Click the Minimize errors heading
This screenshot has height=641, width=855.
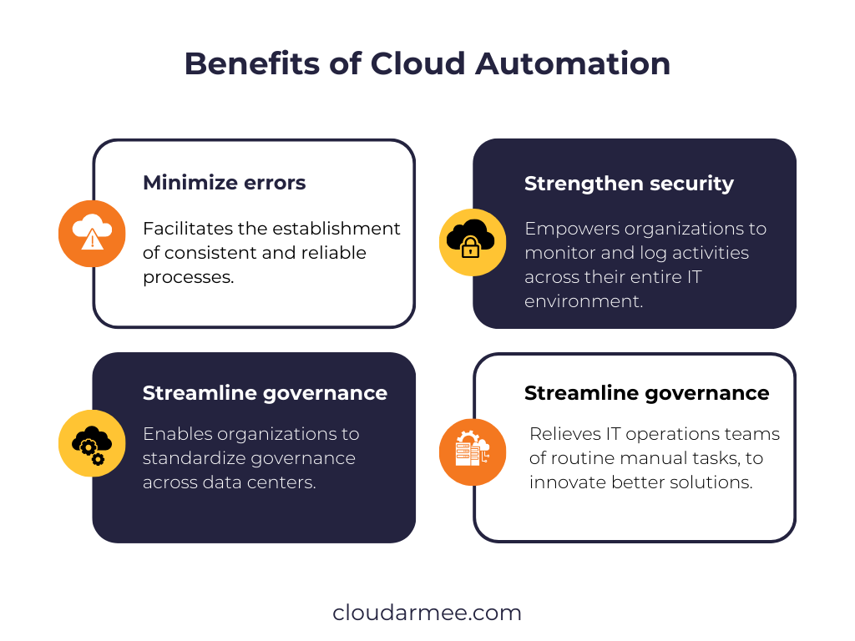click(x=224, y=183)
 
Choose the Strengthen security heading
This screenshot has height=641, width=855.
click(x=629, y=184)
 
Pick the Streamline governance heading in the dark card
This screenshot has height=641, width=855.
click(x=265, y=393)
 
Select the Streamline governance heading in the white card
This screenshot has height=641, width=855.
click(x=646, y=393)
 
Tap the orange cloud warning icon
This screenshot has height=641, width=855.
click(x=92, y=233)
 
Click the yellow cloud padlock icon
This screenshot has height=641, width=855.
click(x=473, y=242)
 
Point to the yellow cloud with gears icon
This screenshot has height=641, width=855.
click(x=92, y=443)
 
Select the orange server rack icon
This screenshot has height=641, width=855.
click(x=473, y=452)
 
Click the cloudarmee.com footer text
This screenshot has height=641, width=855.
click(x=427, y=613)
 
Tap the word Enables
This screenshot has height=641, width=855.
click(x=177, y=434)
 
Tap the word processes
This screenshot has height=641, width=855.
click(x=186, y=277)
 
